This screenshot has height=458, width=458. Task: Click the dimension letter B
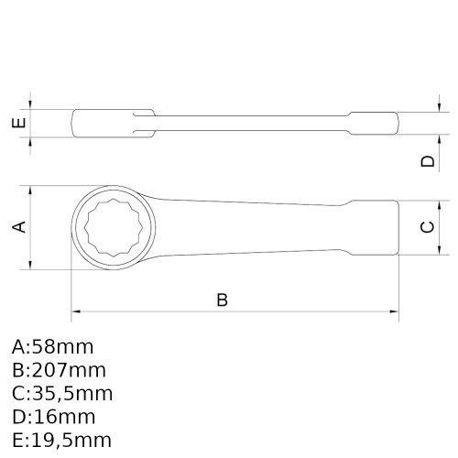tap(222, 300)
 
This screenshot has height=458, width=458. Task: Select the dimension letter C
tap(426, 227)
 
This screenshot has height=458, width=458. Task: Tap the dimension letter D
tap(426, 161)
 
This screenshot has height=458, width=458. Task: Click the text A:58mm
tap(53, 347)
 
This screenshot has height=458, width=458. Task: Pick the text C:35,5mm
tap(62, 393)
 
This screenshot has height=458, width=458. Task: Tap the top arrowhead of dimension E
tap(32, 104)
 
